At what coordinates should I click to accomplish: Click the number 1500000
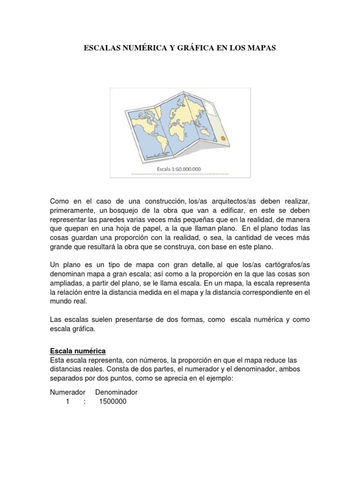(112, 402)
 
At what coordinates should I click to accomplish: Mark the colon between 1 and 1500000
(84, 402)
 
